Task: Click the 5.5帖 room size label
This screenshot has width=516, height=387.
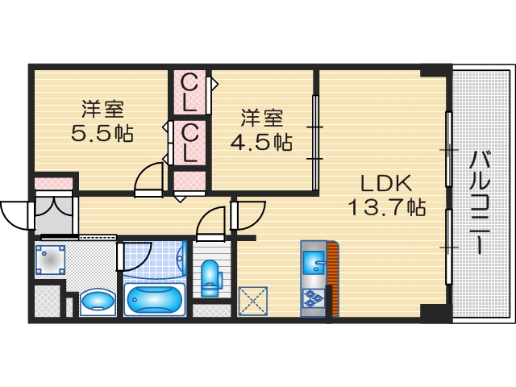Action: coord(102,133)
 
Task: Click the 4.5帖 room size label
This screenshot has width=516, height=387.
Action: coord(260,142)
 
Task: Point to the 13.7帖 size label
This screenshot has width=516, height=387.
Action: coord(386,207)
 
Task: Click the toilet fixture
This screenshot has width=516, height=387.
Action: coord(212,277)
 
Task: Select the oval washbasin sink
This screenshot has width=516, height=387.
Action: coord(97,302)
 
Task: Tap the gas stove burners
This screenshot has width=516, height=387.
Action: coord(312,299)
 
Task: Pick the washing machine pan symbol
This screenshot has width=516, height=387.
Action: coord(50,260)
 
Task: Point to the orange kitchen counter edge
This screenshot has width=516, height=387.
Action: coord(333,278)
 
